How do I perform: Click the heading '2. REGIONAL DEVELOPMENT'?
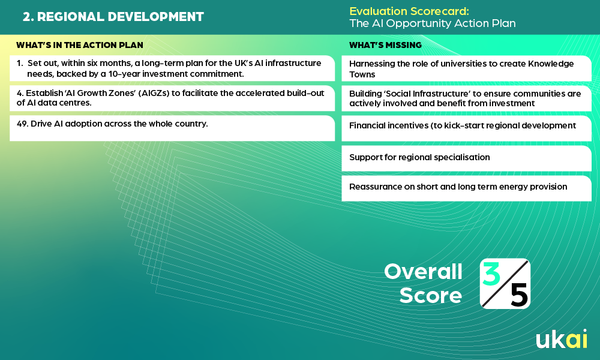(113, 17)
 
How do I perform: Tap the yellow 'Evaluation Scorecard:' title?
(409, 11)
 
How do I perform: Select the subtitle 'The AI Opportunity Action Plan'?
(433, 23)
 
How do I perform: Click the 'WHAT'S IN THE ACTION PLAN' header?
(80, 45)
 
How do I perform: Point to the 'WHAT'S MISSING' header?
(385, 45)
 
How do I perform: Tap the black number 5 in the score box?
(519, 295)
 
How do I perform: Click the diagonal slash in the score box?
(505, 283)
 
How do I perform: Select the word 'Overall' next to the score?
(423, 272)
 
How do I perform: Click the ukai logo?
(562, 338)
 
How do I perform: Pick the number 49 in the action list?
(22, 124)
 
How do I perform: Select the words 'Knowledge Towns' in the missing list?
(461, 69)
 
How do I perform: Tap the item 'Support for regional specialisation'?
(419, 157)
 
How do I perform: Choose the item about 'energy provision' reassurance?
(458, 187)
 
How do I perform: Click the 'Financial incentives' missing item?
(462, 125)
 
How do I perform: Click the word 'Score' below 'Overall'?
(430, 295)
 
